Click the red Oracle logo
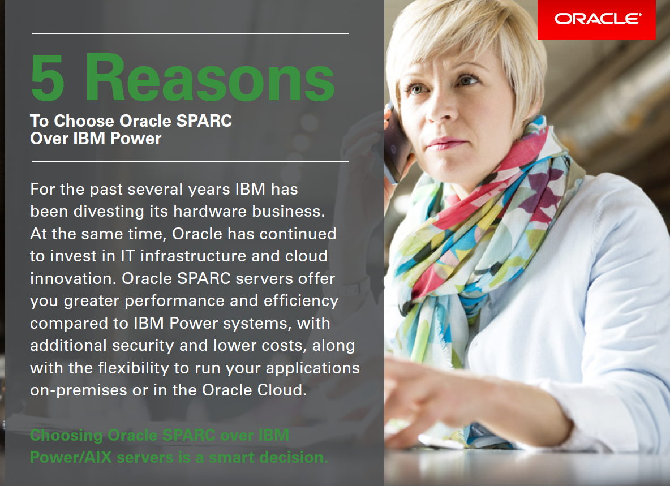tap(596, 20)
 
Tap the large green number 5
tap(48, 78)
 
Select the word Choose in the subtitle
tap(84, 121)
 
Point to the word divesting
tap(109, 212)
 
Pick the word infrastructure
tap(193, 256)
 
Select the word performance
tap(174, 300)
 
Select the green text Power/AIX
tap(71, 457)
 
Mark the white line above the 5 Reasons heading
tap(190, 33)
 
